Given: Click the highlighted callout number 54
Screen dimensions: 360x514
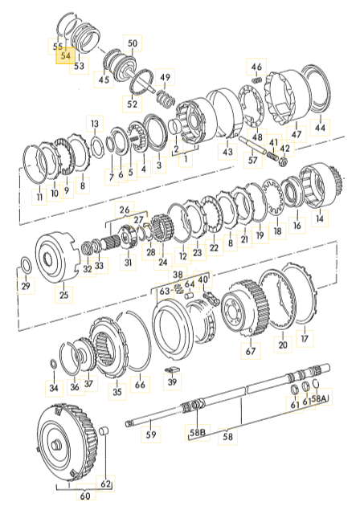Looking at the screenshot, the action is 66,55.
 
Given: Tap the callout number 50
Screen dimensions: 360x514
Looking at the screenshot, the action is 133,43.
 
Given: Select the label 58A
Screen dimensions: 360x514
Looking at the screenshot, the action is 320,398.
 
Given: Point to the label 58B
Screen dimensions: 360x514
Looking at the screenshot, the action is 198,432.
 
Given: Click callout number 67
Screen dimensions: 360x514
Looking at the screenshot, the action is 251,351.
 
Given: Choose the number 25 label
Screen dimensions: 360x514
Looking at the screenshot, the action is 64,295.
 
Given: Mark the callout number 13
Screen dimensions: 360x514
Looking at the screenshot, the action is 95,124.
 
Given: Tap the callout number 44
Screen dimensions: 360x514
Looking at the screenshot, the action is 320,127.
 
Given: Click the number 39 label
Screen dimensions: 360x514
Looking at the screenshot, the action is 172,381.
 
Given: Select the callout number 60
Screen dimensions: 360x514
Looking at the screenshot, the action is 85,496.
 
